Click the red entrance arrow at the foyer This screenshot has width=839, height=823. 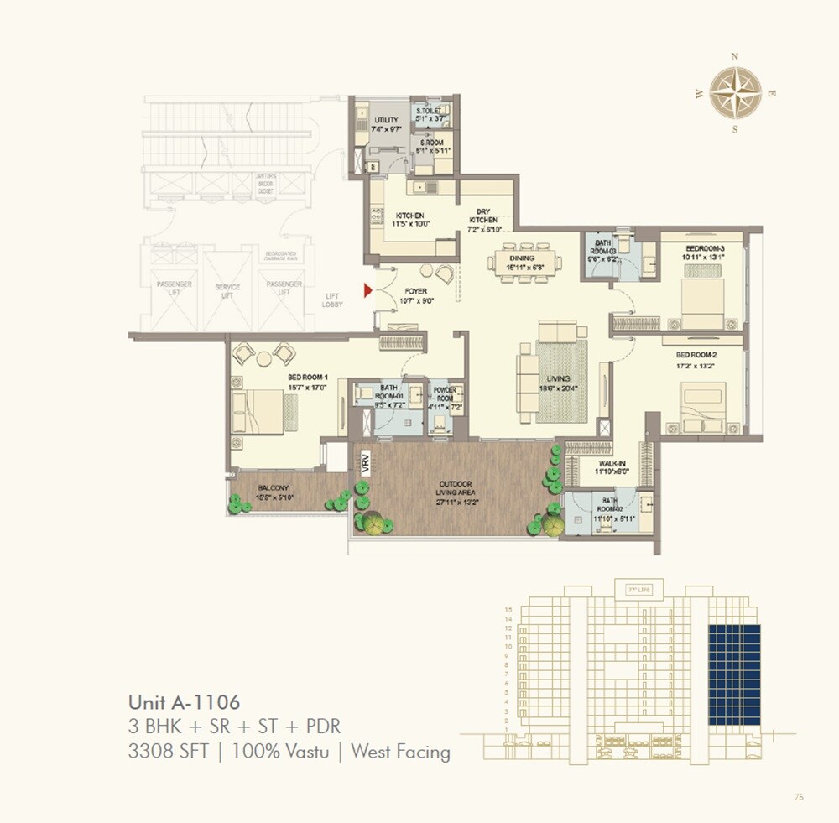(x=367, y=291)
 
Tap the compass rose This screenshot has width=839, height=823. (x=735, y=92)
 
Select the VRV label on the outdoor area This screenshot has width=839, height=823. (x=366, y=464)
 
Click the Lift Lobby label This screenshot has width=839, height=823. (x=333, y=300)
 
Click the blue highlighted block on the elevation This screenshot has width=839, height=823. (x=734, y=675)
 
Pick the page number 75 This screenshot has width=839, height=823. (x=798, y=798)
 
